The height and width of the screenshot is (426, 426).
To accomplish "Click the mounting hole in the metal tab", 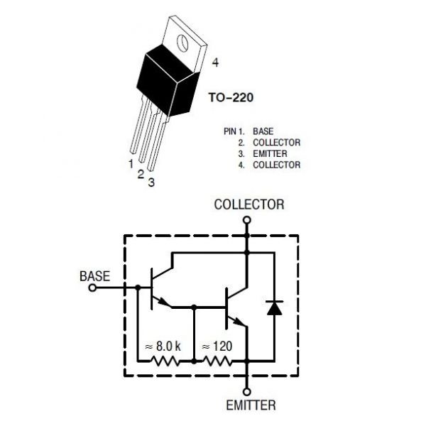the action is point(182,43).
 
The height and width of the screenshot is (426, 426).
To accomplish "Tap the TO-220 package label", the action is point(231,97).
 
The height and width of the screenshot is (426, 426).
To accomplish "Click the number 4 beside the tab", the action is point(215,62).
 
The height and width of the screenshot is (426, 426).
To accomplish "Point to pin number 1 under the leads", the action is point(131,164).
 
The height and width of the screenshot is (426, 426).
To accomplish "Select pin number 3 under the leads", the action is point(151,182).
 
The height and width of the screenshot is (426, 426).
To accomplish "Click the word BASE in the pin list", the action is point(263,131).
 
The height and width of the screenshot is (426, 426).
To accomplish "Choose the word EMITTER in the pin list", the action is point(270,154).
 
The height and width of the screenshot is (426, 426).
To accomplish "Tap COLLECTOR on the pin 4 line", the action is point(277,165).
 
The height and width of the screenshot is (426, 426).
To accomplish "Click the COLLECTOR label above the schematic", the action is point(249,204).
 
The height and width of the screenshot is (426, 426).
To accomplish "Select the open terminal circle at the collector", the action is point(246,220).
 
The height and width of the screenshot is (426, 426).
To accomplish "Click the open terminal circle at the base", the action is point(92,288).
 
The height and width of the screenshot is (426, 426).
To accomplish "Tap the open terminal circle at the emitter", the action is point(246,392).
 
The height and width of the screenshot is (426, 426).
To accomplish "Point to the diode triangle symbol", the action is point(274,308).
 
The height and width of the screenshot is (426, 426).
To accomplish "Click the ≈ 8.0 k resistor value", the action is point(163,346).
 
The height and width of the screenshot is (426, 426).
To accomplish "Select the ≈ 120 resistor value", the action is point(217,346).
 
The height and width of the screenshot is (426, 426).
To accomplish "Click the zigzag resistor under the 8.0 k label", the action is point(165,361).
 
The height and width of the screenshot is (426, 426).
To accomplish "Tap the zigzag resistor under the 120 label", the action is point(217,361).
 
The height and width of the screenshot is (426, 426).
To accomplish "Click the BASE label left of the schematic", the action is point(95,276).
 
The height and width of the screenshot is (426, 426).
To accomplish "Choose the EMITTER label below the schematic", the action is point(251,405).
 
